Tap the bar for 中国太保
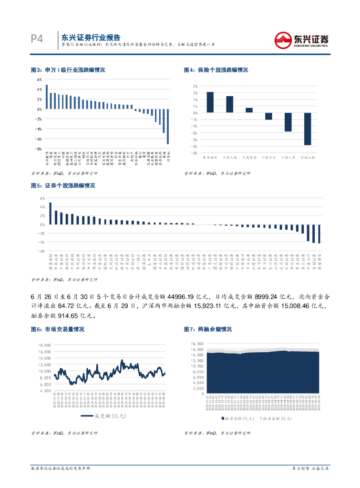pos(308,129)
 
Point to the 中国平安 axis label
pos(268,156)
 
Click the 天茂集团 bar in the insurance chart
pos(249,110)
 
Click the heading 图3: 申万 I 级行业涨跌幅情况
pos(68,70)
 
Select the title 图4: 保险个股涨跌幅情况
pos(216,70)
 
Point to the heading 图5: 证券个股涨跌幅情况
pos(62,185)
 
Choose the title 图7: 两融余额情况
pos(207,329)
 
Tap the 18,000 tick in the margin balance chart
pos(197,343)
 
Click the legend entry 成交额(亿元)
pos(103,416)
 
